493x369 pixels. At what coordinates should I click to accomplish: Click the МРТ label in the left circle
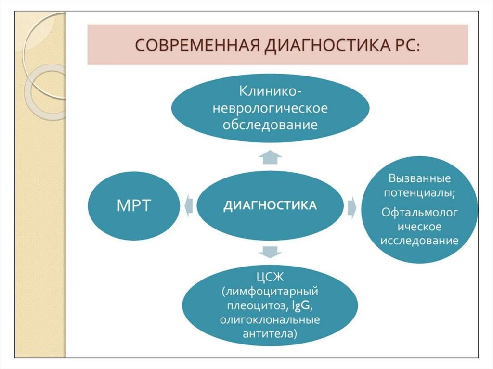(134, 205)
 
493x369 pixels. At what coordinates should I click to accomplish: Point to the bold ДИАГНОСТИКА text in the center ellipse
(270, 205)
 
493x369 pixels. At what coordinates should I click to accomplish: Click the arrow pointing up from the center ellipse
(270, 156)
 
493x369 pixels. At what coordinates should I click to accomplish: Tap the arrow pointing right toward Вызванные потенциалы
(352, 205)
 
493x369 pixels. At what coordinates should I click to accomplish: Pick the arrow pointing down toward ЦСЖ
(270, 251)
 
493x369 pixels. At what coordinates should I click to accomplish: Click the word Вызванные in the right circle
(419, 178)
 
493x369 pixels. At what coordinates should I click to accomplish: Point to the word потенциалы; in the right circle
(419, 193)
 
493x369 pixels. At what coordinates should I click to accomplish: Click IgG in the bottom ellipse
(300, 306)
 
